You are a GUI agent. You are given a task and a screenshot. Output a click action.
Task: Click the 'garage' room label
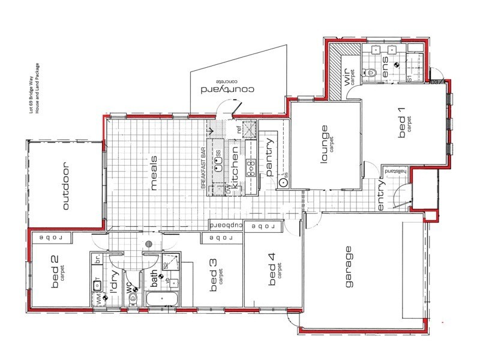(x=347, y=267)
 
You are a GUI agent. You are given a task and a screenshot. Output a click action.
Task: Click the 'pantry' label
(x=269, y=157)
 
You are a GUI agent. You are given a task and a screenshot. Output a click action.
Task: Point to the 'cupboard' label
(x=226, y=224)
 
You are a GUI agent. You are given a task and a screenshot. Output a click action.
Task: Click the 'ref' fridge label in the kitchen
(x=239, y=128)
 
